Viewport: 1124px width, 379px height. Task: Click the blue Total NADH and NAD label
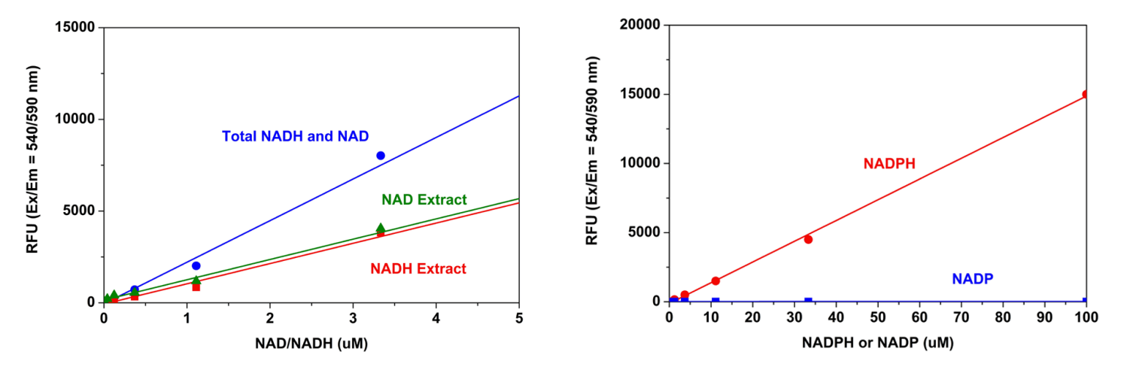[x=295, y=136]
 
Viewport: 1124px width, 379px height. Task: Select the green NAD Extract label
[x=424, y=199]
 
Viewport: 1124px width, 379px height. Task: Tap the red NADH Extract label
[x=418, y=268]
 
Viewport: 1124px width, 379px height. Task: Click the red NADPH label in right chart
[x=889, y=163]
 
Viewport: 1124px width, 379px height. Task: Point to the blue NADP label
[x=973, y=279]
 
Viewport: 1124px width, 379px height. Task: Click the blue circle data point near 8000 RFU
[x=381, y=156]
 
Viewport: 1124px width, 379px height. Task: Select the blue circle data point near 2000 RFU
[x=196, y=265]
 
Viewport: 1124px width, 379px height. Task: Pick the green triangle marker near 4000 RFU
[x=381, y=228]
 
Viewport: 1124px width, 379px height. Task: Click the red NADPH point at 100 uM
[x=1086, y=95]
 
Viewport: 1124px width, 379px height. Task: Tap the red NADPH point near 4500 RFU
[x=808, y=239]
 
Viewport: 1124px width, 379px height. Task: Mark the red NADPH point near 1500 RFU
[x=715, y=280]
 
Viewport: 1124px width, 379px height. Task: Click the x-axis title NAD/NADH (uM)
[x=311, y=343]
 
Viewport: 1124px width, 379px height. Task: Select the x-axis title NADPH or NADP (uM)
[x=877, y=343]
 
